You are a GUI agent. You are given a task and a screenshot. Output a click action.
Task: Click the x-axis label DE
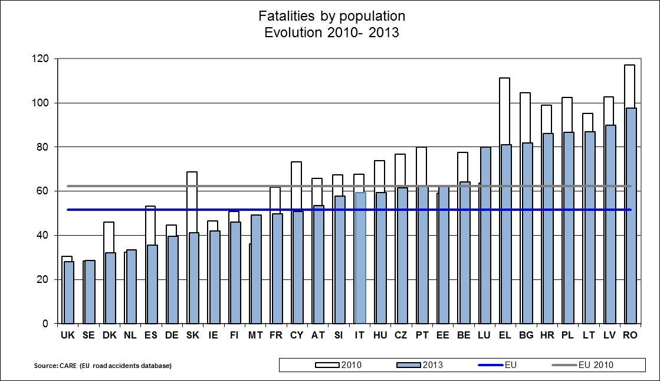(172, 335)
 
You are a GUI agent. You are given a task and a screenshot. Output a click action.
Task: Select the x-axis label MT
(255, 335)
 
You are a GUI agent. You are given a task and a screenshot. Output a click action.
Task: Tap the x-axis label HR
(547, 335)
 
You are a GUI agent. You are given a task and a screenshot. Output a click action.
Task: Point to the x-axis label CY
(297, 335)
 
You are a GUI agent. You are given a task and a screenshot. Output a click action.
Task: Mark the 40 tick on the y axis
(42, 235)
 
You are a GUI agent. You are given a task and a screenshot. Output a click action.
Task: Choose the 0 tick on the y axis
(45, 324)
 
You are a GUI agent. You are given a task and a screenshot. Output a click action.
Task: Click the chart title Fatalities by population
(332, 15)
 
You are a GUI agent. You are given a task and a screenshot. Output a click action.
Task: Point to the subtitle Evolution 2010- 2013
(332, 32)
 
